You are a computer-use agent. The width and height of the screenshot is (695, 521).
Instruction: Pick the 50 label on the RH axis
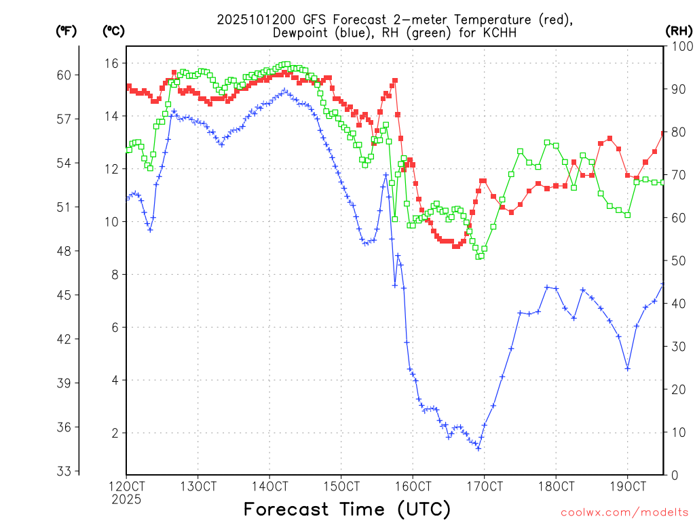point(677,260)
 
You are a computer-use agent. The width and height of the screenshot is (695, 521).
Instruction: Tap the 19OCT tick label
point(627,487)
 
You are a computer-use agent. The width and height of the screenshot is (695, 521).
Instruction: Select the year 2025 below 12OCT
point(127,499)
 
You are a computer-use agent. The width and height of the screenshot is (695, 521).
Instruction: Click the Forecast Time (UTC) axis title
point(347,509)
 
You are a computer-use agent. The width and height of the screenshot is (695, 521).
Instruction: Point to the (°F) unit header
point(66,31)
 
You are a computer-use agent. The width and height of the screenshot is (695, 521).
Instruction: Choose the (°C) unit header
point(114,31)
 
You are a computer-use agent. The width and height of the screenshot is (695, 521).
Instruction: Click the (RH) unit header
point(678,31)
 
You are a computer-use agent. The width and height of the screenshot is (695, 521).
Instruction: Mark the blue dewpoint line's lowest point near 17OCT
point(478,448)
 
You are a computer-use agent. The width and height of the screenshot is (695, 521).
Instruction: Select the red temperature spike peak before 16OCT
point(394,80)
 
